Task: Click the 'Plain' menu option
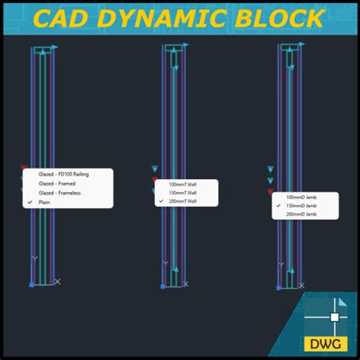pyautogui.click(x=46, y=202)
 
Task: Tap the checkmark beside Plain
pyautogui.click(x=30, y=202)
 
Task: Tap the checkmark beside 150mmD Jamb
pyautogui.click(x=278, y=206)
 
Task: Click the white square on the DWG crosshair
pyautogui.click(x=334, y=316)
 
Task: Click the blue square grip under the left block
pyautogui.click(x=32, y=285)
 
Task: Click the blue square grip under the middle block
pyautogui.click(x=163, y=286)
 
